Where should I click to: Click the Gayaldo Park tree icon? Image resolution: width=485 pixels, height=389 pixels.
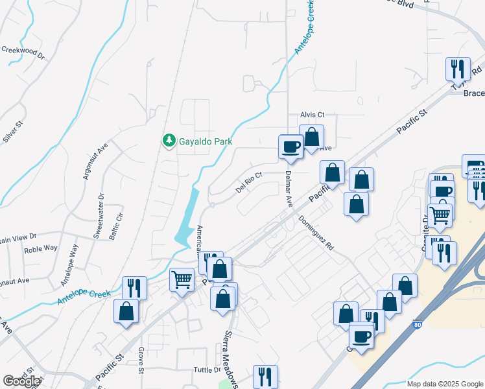point(169,141)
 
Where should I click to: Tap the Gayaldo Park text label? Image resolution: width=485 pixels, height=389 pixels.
point(206,141)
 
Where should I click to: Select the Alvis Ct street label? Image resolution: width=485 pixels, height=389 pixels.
point(312,115)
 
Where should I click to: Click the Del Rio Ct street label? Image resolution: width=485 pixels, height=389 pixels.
point(249,182)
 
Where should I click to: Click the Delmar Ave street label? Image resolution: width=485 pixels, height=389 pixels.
point(289,189)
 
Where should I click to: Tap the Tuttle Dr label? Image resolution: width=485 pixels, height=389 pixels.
point(207,370)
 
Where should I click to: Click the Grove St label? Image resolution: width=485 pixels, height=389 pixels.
point(140,360)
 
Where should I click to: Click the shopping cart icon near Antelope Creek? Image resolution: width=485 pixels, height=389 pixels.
point(182,281)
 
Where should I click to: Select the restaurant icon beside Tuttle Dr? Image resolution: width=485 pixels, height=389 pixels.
point(265,376)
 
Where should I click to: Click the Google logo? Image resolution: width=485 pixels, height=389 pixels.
point(21,381)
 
